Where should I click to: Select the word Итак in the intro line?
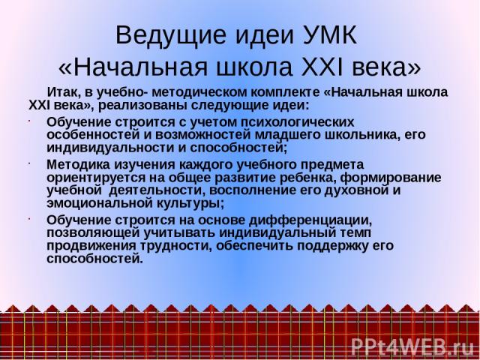(63, 92)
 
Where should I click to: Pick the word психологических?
(297, 122)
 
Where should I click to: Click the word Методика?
(78, 165)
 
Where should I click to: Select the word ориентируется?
(96, 178)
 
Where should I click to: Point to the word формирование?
(391, 178)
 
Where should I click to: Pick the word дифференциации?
(310, 220)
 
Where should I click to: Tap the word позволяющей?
(93, 233)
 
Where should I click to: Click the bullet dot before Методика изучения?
(30, 163)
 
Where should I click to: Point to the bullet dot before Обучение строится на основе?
(30, 219)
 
